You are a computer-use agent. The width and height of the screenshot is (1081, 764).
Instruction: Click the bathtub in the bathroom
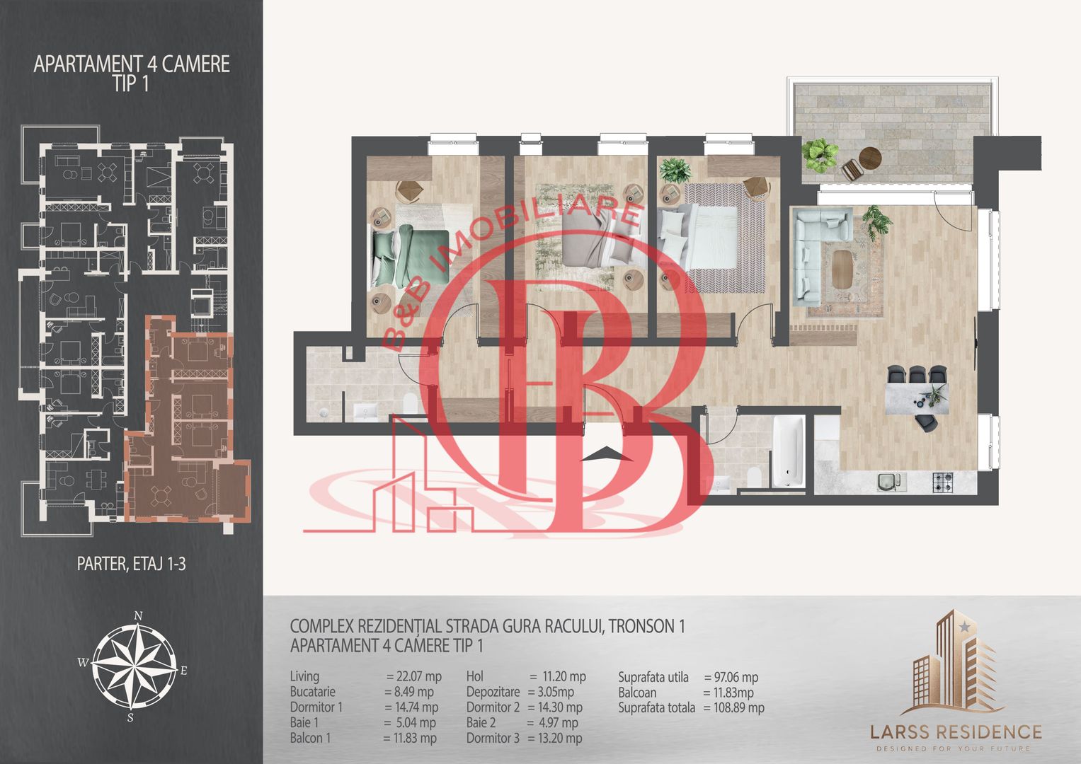(789, 451)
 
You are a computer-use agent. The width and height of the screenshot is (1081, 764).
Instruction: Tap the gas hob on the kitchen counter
(942, 482)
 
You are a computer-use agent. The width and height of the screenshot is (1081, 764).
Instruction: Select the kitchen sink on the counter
(891, 482)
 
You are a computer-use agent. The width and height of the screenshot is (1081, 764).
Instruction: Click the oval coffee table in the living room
(842, 269)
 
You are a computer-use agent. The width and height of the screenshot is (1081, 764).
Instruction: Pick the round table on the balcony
(870, 157)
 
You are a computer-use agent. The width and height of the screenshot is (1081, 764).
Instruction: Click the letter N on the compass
(138, 615)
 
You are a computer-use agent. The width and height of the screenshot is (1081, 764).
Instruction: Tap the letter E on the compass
(183, 670)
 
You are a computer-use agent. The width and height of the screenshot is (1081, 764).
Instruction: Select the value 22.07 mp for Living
(418, 676)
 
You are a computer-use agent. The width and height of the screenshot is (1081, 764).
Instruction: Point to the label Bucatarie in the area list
(313, 692)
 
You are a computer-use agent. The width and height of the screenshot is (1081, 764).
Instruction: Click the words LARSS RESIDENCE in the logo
(956, 732)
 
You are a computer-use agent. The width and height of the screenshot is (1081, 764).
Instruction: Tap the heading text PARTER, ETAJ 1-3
(131, 564)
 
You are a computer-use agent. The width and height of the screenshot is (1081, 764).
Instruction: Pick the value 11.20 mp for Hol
(564, 676)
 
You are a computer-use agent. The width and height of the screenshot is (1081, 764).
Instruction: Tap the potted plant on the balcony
(820, 155)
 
